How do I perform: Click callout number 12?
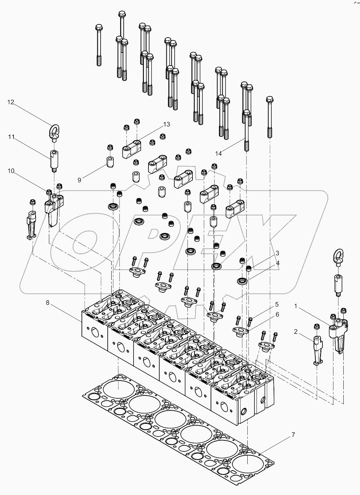tap(11, 102)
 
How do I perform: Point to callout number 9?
tap(79, 180)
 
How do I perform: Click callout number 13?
tap(167, 124)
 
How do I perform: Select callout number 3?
tap(277, 253)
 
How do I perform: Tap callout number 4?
tap(277, 263)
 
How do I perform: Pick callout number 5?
tap(277, 304)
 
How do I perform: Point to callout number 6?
tap(277, 314)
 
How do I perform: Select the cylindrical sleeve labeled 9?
tap(109, 162)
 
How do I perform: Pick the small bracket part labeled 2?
tap(317, 351)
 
